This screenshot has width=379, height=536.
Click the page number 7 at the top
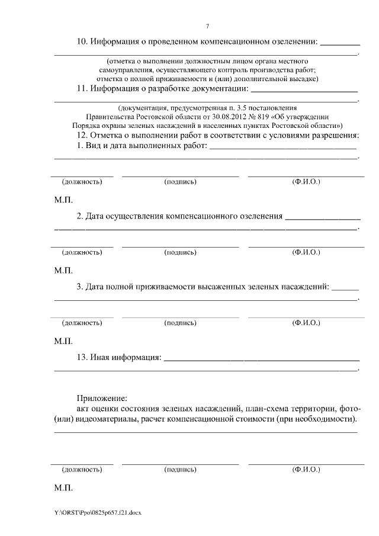click(x=207, y=25)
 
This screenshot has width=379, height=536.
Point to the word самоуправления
click(x=124, y=70)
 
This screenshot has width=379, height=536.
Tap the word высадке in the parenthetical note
click(x=301, y=78)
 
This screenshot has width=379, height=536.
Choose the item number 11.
click(x=82, y=89)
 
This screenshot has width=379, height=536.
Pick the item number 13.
click(x=82, y=357)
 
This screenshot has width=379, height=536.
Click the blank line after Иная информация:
click(x=261, y=358)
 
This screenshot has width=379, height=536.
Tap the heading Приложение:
click(x=101, y=397)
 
